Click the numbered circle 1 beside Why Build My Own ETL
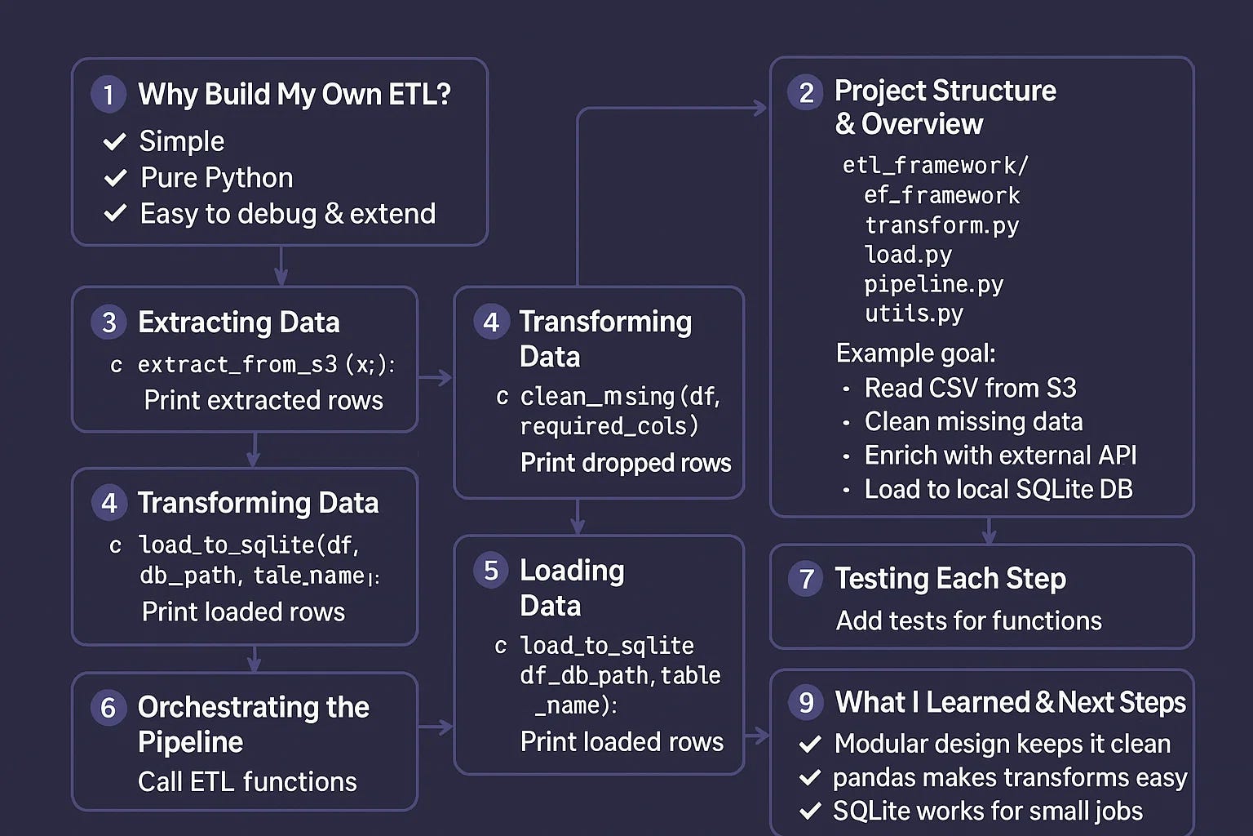pos(108,94)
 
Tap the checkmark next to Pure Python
pos(116,178)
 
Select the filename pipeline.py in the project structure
pos(933,284)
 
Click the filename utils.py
pos(914,313)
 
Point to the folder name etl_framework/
pos(935,166)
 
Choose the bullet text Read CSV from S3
pos(970,388)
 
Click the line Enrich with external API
pos(1000,456)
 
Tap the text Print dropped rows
pos(626,463)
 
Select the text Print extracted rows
pos(263,400)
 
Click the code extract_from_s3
pos(237,365)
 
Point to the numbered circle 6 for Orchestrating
pos(108,707)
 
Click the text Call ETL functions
pos(247,782)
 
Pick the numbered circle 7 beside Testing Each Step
pos(806,579)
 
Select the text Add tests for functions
pos(968,621)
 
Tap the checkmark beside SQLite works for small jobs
pos(810,812)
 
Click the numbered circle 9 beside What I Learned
pos(806,702)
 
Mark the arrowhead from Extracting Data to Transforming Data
pos(445,377)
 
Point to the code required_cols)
pos(609,426)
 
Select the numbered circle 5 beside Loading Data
pos(491,571)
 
